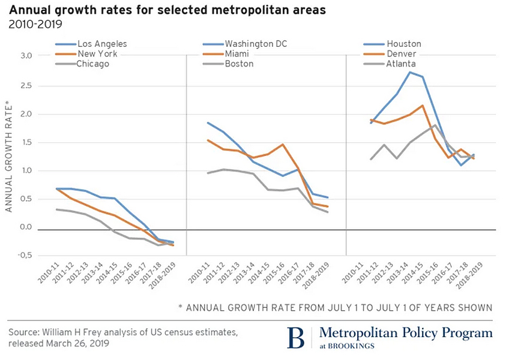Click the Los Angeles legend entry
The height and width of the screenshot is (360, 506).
coord(102,44)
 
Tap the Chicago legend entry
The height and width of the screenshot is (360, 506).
coord(93,64)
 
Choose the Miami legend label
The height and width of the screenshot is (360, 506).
coord(238,54)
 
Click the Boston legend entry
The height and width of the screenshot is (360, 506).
coord(240,64)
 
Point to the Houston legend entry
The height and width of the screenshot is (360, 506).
coord(403,44)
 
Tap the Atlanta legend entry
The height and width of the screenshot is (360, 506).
coord(402,64)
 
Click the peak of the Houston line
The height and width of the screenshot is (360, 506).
coord(409,73)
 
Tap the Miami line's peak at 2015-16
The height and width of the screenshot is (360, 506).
coord(282,145)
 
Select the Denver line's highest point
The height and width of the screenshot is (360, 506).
coord(423,106)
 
